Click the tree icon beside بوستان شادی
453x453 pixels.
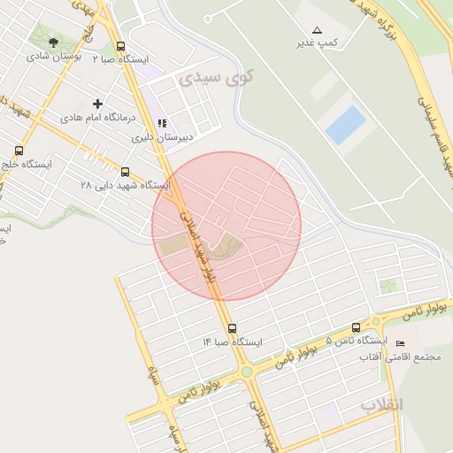coord(54,42)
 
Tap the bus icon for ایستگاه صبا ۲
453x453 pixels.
coord(120,47)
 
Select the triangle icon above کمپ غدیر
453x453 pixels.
coord(318,30)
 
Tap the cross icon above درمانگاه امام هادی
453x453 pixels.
coord(97,104)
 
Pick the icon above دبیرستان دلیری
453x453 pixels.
coord(162,124)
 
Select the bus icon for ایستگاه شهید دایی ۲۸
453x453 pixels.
coord(125,173)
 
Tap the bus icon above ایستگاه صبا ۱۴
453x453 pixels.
coord(233,328)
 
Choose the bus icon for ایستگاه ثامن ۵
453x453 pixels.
coord(356,327)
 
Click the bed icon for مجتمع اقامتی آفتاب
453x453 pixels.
coord(400,343)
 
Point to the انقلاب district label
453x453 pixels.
coord(381,404)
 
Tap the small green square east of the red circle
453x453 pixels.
coord(388,286)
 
